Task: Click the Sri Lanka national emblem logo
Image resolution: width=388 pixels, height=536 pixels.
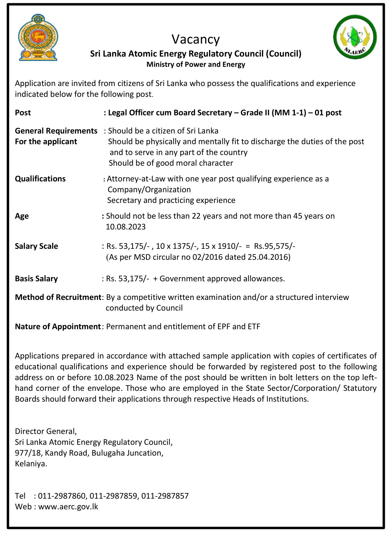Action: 38,38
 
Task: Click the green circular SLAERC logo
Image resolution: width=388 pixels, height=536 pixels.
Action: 355,37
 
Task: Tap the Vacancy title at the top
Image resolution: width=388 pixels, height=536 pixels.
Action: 196,39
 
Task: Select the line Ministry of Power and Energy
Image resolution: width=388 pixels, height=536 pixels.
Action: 196,64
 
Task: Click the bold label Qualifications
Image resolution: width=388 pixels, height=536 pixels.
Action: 40,179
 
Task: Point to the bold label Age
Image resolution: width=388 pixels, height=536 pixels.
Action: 22,216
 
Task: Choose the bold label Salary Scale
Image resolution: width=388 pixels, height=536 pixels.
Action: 36,246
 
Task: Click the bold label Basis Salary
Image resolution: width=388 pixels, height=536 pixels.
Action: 36,279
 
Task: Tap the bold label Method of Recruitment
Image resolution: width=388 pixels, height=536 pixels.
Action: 58,297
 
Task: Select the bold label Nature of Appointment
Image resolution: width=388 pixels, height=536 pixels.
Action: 58,326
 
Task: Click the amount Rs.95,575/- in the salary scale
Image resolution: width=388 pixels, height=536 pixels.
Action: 274,246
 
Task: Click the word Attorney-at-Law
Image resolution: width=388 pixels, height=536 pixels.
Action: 136,179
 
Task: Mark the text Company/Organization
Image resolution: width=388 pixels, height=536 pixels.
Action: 149,190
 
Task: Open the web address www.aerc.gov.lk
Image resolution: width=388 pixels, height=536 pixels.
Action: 68,507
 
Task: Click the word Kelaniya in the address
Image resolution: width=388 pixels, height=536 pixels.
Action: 31,464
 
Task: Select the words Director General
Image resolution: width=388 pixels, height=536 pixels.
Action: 46,431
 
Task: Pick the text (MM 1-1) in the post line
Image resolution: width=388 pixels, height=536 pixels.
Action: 289,113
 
